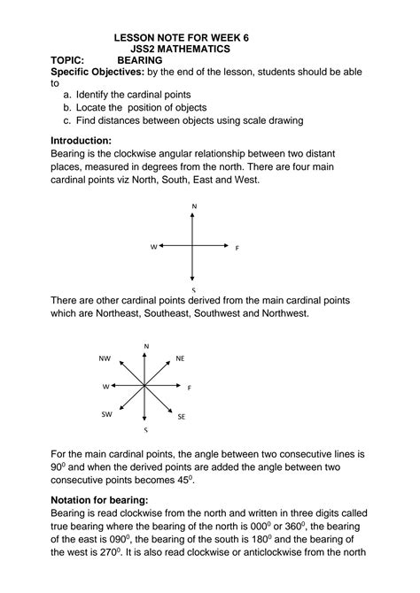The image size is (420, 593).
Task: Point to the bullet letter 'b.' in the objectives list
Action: pyautogui.click(x=67, y=107)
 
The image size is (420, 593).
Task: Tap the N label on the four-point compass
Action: pyautogui.click(x=193, y=207)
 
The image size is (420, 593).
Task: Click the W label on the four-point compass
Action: pyautogui.click(x=153, y=247)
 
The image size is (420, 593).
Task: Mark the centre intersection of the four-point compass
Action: pyautogui.click(x=193, y=247)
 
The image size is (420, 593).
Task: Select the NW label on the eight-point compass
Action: pyautogui.click(x=105, y=358)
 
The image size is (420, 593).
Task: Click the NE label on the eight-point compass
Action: pyautogui.click(x=180, y=358)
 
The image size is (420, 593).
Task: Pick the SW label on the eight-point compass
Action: pyautogui.click(x=105, y=414)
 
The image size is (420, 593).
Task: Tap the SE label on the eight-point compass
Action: pyautogui.click(x=181, y=415)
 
